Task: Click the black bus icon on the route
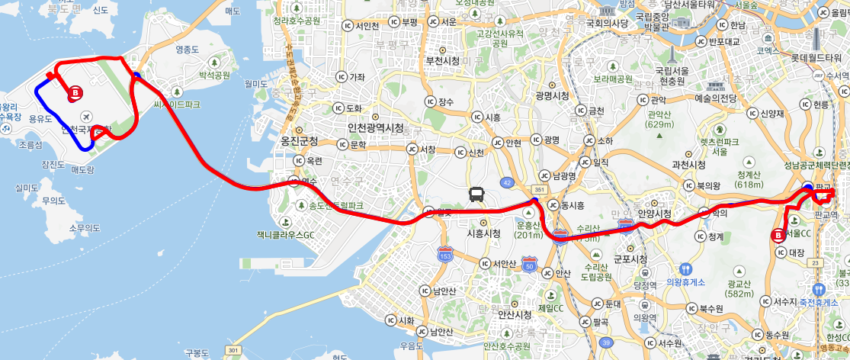(x=476, y=194)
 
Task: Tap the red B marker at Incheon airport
(x=75, y=93)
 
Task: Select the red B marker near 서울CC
(x=778, y=236)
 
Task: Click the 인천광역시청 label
(x=375, y=127)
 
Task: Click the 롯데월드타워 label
(x=819, y=56)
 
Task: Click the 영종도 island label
(x=187, y=50)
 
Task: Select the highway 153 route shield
(x=446, y=254)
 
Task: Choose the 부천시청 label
(x=442, y=60)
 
